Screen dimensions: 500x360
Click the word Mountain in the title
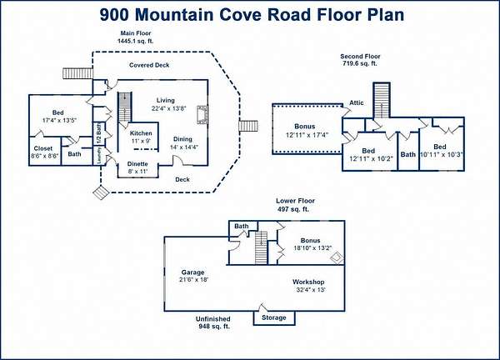pos(197,15)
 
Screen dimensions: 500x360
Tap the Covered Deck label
pos(149,65)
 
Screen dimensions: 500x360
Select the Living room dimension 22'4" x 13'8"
pos(168,108)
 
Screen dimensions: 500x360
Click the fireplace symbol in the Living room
pos(202,114)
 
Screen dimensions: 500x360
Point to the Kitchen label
pos(141,133)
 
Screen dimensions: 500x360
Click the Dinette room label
pos(137,164)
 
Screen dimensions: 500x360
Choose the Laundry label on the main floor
pos(99,156)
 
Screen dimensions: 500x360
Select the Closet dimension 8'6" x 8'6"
pos(45,156)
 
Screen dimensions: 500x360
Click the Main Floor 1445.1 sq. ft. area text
pos(136,37)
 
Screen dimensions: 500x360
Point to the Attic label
pos(357,102)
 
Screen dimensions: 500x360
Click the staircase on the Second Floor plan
pos(382,100)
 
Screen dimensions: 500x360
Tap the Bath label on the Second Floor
pos(408,155)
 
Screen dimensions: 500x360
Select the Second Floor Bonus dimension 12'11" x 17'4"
pos(307,135)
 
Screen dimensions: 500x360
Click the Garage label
pos(193,272)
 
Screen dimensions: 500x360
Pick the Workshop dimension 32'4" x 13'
pos(311,290)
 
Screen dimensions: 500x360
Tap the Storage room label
pos(274,317)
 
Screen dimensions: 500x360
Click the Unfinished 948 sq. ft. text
pos(213,322)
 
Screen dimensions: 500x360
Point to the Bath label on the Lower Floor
pos(242,226)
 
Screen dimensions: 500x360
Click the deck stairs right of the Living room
pos(248,126)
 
